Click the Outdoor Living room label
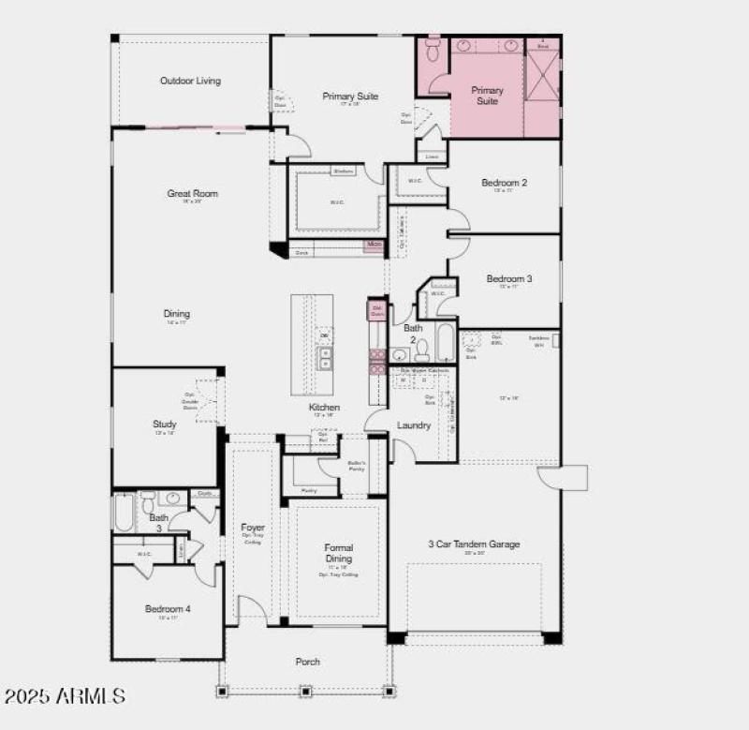[x=190, y=81]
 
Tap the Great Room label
[x=192, y=194]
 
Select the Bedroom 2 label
[x=504, y=183]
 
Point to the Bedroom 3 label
[x=508, y=279]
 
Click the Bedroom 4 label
[x=168, y=609]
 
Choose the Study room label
[x=165, y=425]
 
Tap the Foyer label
[x=253, y=528]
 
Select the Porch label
[x=308, y=662]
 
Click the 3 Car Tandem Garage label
[x=474, y=544]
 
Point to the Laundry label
[x=414, y=425]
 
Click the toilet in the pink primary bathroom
[x=433, y=49]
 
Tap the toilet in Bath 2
[x=422, y=350]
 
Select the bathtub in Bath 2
[x=445, y=342]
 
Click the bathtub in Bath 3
[x=125, y=513]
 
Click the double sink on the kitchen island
[x=325, y=358]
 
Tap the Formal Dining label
[x=338, y=553]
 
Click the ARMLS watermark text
[x=64, y=696]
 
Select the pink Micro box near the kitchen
[x=374, y=245]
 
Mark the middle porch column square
[x=305, y=692]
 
